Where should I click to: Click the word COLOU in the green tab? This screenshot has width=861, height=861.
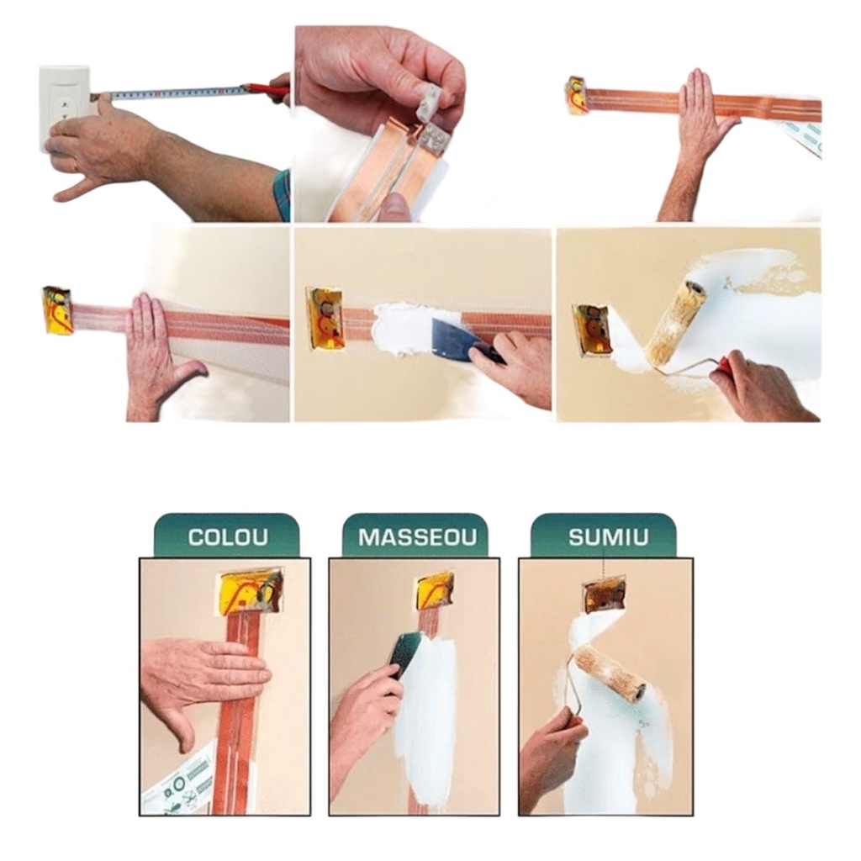[228, 536]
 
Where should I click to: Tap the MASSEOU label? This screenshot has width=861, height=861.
[417, 536]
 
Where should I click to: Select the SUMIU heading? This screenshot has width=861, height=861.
[606, 536]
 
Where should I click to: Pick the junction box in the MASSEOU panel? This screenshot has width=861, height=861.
[435, 594]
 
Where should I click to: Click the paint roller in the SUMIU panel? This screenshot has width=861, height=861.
[610, 675]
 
